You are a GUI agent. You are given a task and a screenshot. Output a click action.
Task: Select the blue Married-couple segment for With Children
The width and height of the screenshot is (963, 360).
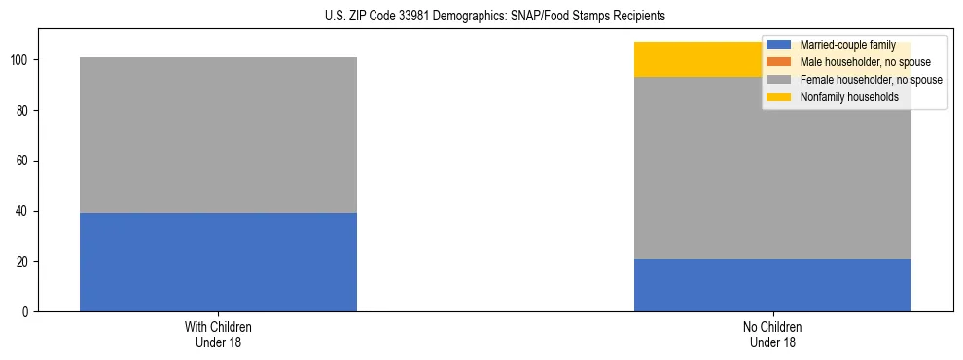click(218, 262)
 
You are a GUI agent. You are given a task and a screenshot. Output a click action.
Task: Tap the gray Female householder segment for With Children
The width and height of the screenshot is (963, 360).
click(218, 135)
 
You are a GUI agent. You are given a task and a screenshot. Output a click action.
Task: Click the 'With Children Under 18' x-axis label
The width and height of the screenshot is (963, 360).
click(218, 334)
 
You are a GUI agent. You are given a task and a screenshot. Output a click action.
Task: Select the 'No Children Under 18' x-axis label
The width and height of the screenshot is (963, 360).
click(772, 334)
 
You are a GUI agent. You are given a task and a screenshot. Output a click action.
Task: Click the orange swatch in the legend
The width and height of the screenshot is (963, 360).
click(779, 62)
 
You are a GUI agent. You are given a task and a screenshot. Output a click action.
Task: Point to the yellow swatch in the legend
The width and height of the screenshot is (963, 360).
click(779, 97)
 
